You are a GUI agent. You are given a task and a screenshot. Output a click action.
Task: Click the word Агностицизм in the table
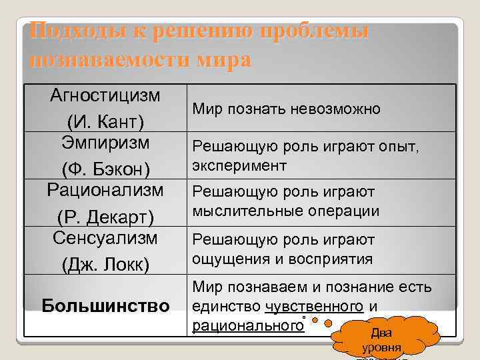pos(105,95)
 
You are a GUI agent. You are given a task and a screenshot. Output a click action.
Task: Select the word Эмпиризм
pos(105,143)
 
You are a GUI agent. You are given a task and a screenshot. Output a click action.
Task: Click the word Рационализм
pos(105,190)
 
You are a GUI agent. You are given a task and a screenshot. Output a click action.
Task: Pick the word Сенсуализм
pos(105,237)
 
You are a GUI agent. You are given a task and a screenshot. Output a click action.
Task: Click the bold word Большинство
pos(105,306)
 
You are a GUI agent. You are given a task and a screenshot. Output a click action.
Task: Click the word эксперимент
pos(239,165)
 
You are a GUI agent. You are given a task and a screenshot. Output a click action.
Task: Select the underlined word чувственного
pos(313,307)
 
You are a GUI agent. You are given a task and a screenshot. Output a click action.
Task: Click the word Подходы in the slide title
pos(67,31)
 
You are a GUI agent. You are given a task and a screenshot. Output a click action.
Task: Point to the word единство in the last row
pos(225,307)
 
